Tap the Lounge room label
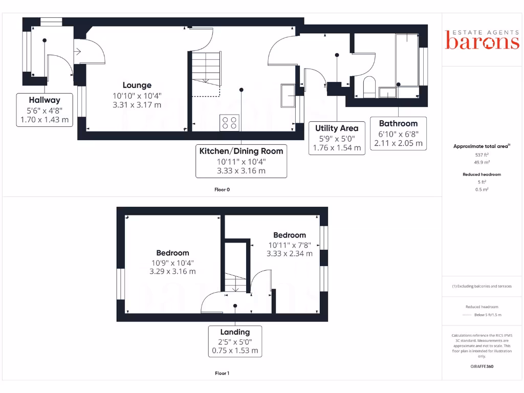click(137, 85)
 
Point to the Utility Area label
click(336, 128)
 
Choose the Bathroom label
click(398, 123)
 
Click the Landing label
click(235, 332)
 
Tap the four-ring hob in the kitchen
click(229, 122)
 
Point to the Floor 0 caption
click(222, 189)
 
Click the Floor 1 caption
click(222, 374)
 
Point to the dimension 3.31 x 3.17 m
click(137, 105)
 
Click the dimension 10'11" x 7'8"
click(289, 245)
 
